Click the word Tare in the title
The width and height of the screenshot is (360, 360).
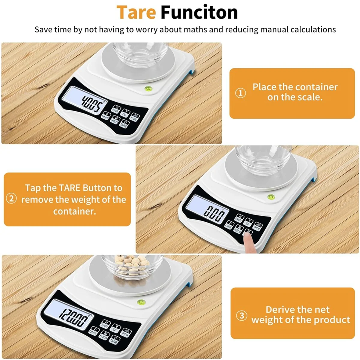tap(136, 13)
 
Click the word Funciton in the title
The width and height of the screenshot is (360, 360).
tap(199, 13)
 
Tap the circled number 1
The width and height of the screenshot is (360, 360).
tap(240, 93)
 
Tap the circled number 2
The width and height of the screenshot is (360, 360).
tap(11, 199)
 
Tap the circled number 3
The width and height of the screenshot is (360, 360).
tap(242, 316)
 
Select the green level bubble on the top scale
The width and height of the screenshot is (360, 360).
tap(148, 88)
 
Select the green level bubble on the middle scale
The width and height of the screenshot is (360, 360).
tap(270, 197)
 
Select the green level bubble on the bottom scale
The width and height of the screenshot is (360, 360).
tap(140, 302)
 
